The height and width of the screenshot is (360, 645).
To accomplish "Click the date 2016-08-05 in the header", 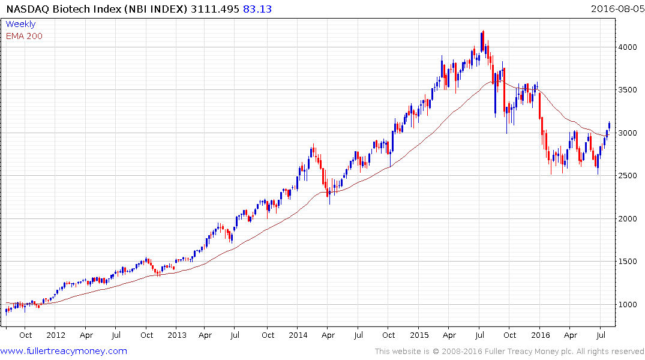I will tap(616, 8).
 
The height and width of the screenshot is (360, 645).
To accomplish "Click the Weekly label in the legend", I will tap(20, 24).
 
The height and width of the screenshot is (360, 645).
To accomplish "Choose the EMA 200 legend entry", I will tap(24, 36).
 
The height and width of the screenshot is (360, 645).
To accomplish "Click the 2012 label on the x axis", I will tap(55, 335).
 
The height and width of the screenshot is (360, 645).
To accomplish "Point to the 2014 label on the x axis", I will tap(298, 335).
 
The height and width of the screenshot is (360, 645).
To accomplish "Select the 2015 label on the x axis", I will tap(419, 335).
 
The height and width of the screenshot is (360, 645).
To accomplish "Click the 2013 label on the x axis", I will tap(177, 335).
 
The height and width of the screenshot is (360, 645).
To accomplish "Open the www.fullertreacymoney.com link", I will tap(64, 351).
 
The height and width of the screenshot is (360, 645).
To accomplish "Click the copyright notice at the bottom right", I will tap(509, 352).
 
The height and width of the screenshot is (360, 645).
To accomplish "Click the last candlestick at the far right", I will tap(610, 125).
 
